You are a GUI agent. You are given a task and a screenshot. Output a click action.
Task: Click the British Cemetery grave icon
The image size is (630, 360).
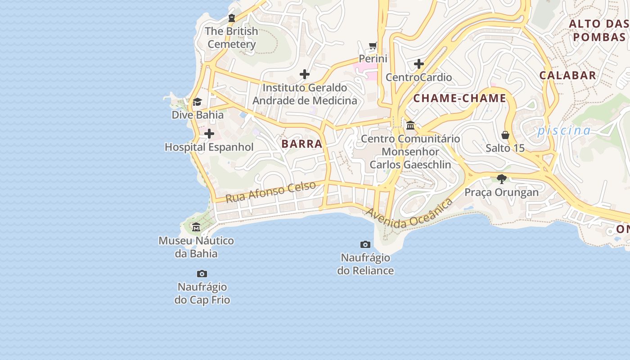[232, 18]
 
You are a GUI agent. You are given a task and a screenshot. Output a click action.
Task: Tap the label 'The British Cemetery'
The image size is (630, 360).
[232, 38]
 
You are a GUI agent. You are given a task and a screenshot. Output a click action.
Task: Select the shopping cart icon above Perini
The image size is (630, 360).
[373, 45]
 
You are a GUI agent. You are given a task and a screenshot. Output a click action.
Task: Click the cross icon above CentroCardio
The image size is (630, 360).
[419, 64]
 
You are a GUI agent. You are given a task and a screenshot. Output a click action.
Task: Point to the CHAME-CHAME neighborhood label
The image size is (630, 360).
[459, 98]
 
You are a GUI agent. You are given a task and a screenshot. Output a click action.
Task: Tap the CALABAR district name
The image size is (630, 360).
[568, 75]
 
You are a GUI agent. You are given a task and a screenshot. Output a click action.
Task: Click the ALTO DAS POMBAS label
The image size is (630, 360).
[598, 30]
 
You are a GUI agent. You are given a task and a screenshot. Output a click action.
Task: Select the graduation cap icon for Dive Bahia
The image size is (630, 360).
[197, 102]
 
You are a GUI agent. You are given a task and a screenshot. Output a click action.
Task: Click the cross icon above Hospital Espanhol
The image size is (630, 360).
[209, 134]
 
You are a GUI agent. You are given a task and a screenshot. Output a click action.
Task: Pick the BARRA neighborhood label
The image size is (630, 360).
[302, 144]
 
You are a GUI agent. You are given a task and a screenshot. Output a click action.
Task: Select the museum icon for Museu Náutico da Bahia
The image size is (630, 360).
[196, 227]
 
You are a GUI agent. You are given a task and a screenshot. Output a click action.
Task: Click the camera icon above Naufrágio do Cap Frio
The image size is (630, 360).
[202, 274]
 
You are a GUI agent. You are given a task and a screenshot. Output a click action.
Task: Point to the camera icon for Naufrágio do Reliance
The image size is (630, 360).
[365, 245]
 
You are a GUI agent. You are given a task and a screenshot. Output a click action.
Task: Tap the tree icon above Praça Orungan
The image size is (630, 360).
[502, 179]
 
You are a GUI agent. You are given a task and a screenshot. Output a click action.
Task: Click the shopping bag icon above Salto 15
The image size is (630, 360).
[505, 135]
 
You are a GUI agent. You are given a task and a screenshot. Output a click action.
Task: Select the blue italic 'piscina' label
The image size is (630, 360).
[564, 130]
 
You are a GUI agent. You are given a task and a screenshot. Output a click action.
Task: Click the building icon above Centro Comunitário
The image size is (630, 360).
[410, 126]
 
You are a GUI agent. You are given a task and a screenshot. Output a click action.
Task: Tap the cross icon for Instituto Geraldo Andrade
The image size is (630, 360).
[305, 74]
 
